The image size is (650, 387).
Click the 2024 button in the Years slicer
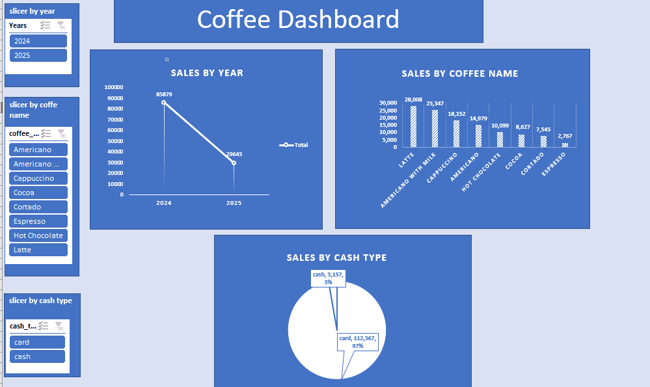[x=38, y=41]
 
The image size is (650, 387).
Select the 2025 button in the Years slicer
[x=38, y=55]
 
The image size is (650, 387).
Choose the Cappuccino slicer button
[x=38, y=178]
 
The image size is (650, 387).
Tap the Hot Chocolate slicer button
[x=38, y=235]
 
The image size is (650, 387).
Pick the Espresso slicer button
[x=38, y=221]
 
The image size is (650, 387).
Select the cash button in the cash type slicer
[x=37, y=356]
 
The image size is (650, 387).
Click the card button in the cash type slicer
[x=37, y=342]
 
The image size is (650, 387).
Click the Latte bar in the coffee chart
[x=413, y=126]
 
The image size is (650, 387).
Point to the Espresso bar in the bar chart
[x=565, y=145]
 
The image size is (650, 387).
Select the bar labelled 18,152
[x=456, y=134]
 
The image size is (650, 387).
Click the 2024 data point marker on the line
[x=164, y=102]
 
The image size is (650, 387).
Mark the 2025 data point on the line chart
[x=234, y=163]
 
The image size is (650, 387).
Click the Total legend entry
[x=293, y=145]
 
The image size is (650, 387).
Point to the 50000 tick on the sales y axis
[x=115, y=141]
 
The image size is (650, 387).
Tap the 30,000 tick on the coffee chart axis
[x=388, y=103]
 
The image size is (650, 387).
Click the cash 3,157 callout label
[x=328, y=278]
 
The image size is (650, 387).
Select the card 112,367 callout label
[x=358, y=342]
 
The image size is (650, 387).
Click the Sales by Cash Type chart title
[x=336, y=258]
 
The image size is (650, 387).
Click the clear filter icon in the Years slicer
[x=61, y=25]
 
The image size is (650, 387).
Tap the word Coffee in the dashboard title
[x=234, y=19]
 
